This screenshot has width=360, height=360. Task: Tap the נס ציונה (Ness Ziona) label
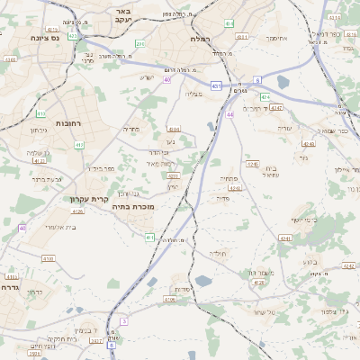pyautogui.click(x=42, y=37)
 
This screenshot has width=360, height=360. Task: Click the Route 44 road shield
pyautogui.click(x=230, y=115)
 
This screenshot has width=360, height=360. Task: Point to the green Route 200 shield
pyautogui.click(x=139, y=43)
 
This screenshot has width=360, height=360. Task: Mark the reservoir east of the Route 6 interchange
pyautogui.click(x=283, y=83)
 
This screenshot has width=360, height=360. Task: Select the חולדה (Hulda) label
pyautogui.click(x=221, y=255)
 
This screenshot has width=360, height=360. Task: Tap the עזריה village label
pyautogui.click(x=285, y=128)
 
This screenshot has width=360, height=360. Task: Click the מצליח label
pyautogui.click(x=196, y=94)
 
